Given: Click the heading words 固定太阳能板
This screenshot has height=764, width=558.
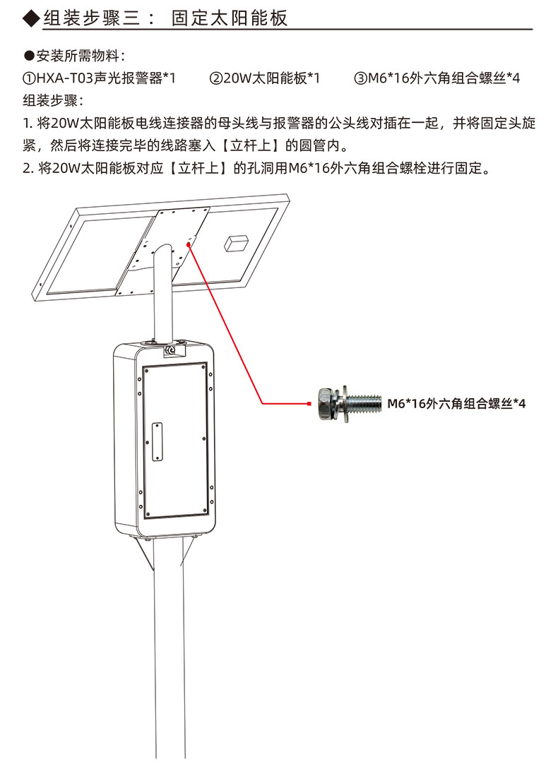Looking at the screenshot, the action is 230,18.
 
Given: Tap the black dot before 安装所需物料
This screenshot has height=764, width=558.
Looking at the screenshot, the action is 29,56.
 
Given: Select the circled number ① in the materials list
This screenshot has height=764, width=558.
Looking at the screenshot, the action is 29,78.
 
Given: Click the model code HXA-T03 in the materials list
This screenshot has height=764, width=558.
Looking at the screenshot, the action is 65,78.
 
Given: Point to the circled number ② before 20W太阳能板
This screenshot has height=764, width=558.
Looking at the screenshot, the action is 216,78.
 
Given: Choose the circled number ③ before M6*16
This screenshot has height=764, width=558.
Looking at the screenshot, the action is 361,78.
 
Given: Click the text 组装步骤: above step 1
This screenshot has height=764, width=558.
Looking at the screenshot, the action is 53,100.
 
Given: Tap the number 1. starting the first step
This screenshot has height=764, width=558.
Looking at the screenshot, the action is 28,124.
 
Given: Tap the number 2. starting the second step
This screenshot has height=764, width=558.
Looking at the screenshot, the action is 28,169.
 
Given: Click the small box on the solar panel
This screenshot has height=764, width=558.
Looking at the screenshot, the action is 237,243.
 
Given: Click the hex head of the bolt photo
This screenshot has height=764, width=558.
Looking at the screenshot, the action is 326,404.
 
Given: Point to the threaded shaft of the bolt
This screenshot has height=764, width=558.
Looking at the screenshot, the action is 364,403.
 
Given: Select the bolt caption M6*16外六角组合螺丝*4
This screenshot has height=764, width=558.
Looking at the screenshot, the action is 456,403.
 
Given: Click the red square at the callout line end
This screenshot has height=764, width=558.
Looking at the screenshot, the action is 309,403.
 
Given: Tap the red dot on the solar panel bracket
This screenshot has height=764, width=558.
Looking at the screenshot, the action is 189,244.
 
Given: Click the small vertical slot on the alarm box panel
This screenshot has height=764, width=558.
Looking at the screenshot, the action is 157,441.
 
